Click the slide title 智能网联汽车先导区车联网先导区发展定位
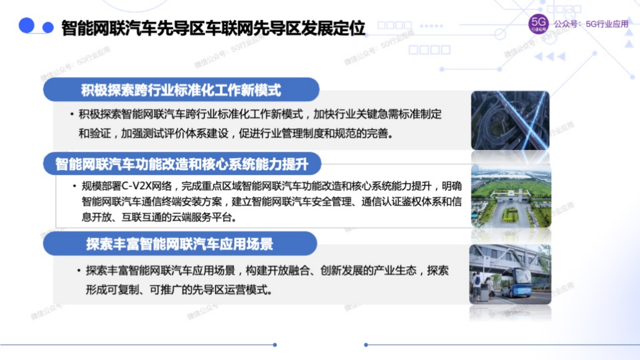pyautogui.click(x=213, y=28)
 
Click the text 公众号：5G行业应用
pyautogui.click(x=591, y=24)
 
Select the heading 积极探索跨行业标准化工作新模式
pyautogui.click(x=181, y=90)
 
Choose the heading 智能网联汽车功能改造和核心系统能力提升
pyautogui.click(x=182, y=163)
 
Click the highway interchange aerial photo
pyautogui.click(x=510, y=120)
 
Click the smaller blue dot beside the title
pyautogui.click(x=48, y=27)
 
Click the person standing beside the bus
pyautogui.click(x=476, y=286)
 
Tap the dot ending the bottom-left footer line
pyautogui.click(x=275, y=345)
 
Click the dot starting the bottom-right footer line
pyautogui.click(x=366, y=345)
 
